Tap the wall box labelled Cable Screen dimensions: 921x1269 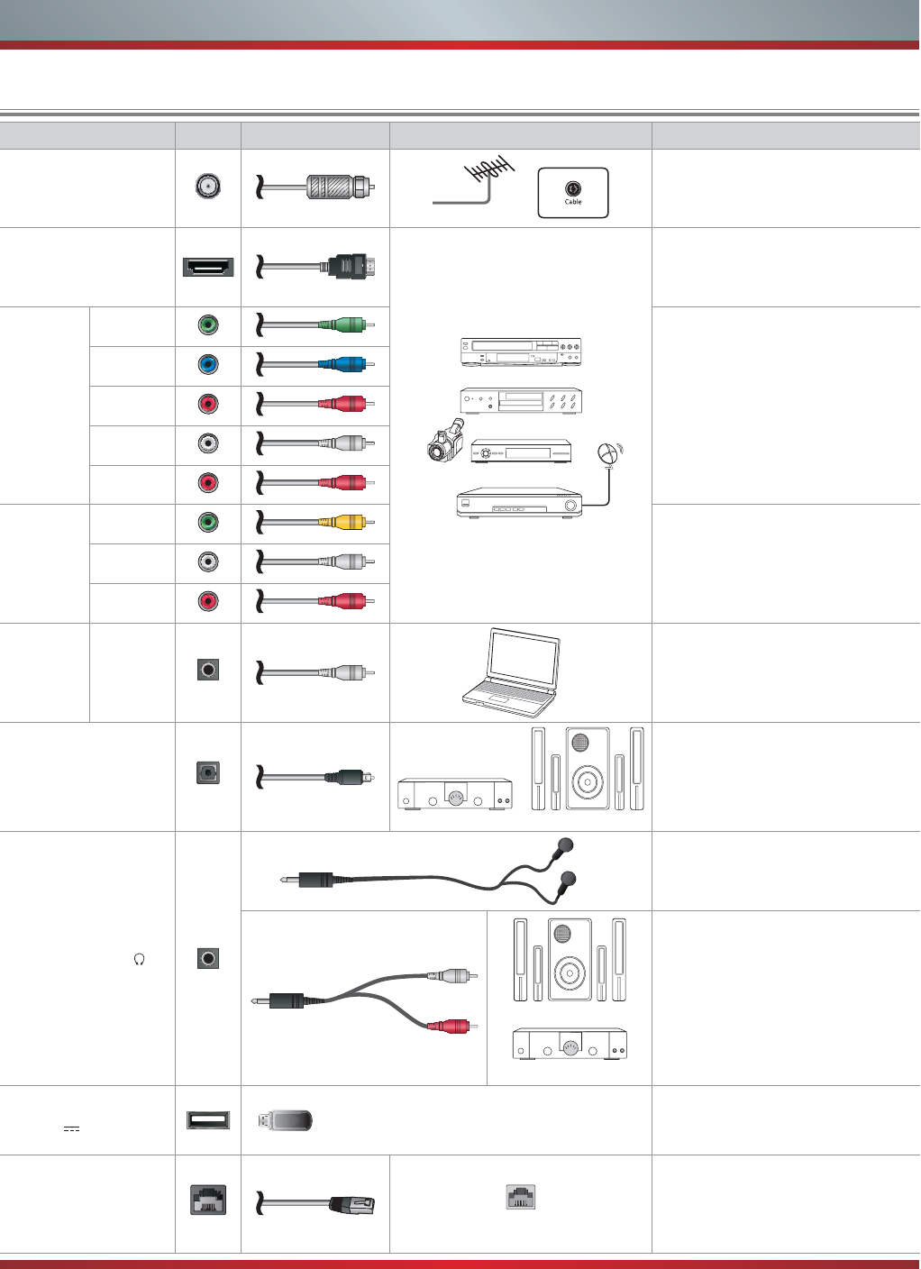pos(573,193)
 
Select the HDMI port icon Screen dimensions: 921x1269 pos(208,267)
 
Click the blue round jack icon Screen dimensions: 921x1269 pos(208,365)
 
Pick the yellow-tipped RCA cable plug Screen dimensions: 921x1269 pos(348,523)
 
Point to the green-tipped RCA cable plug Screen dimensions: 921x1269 pos(348,325)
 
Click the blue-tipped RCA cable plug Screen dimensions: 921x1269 pos(348,365)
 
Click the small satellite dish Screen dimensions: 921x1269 pos(611,453)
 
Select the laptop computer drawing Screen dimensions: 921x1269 pos(512,672)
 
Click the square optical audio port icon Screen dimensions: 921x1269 pos(208,773)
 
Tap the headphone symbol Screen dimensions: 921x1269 pos(140,959)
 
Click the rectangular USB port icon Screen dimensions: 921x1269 pos(208,1120)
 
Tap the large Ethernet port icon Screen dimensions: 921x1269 pos(208,1201)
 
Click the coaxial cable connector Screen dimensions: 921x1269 pos(339,187)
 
